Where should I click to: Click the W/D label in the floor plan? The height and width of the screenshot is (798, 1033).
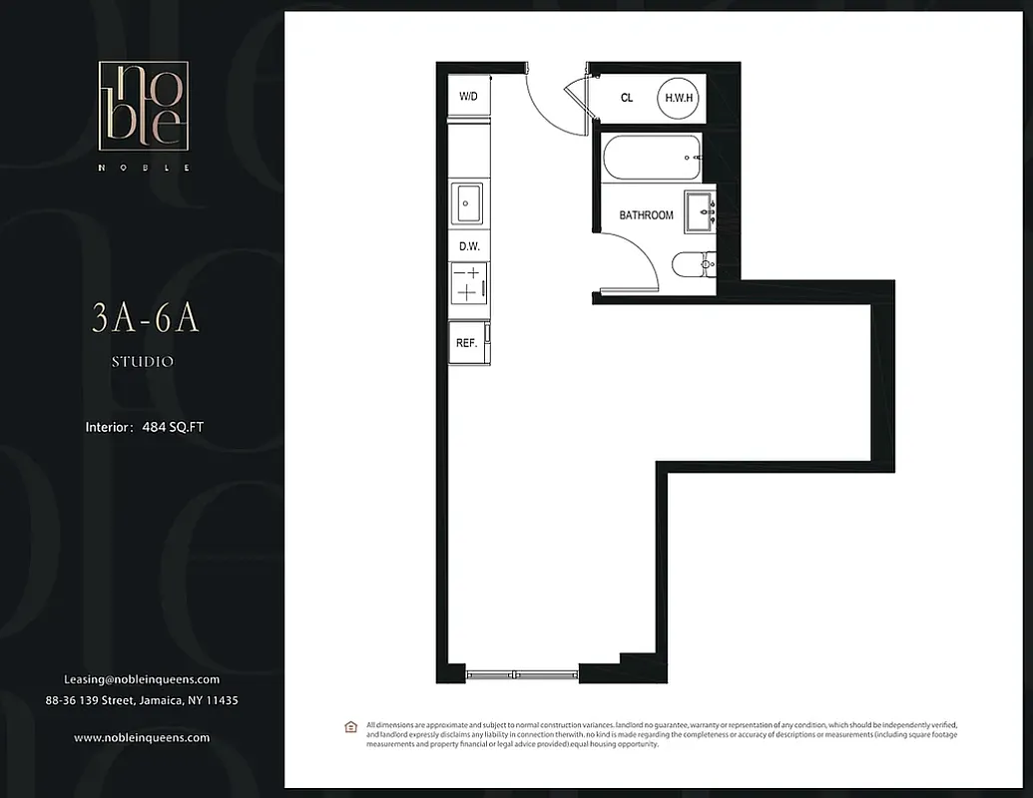point(467,97)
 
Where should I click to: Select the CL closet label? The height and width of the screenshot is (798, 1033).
point(627,98)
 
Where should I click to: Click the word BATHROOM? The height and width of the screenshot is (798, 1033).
point(646,215)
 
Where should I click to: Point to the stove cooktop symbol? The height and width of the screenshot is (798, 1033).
point(467,282)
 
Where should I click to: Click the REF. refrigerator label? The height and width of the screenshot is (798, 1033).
point(466,342)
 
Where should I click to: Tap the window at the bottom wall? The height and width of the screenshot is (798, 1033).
point(522,674)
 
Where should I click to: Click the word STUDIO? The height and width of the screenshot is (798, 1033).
point(143,362)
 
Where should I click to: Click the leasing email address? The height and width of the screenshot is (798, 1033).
point(142,679)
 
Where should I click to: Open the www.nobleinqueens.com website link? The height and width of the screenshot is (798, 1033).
point(142,737)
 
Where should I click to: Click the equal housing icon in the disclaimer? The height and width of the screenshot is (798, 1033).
point(350,726)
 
